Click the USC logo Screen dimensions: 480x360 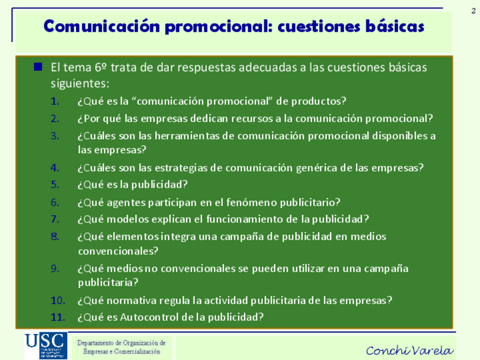click(x=46, y=345)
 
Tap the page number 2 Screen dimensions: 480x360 click(x=473, y=11)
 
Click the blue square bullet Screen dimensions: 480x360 click(x=38, y=66)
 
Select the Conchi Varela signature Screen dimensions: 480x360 click(x=410, y=350)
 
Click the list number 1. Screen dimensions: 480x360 click(x=55, y=101)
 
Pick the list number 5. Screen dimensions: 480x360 click(x=55, y=185)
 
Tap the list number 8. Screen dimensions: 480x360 click(x=55, y=237)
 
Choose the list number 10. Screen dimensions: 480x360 click(x=58, y=301)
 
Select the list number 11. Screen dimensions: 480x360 click(x=58, y=317)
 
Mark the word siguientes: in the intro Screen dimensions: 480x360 click(x=80, y=83)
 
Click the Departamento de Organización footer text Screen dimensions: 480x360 click(x=122, y=347)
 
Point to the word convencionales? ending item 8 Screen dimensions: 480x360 click(x=118, y=251)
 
